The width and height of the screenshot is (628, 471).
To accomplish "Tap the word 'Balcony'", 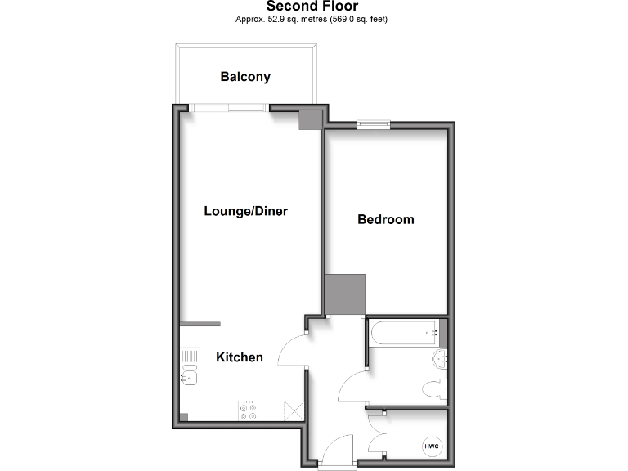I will pyautogui.click(x=245, y=77).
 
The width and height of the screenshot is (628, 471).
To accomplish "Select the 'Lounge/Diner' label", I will pyautogui.click(x=245, y=211).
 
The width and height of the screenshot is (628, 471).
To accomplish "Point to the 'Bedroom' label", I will pyautogui.click(x=386, y=219).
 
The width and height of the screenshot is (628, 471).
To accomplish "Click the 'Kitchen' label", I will pyautogui.click(x=240, y=357).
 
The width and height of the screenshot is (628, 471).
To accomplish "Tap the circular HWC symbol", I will pyautogui.click(x=431, y=446).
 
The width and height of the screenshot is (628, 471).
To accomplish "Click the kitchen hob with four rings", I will pyautogui.click(x=248, y=411).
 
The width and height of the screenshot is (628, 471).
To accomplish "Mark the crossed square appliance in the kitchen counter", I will pyautogui.click(x=293, y=411).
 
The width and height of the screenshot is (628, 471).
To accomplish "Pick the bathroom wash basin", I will pyautogui.click(x=442, y=358).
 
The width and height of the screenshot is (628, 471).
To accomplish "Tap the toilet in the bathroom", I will pyautogui.click(x=433, y=388).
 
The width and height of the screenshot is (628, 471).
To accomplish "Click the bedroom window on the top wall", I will pyautogui.click(x=373, y=124).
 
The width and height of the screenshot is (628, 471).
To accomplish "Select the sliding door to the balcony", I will pyautogui.click(x=230, y=106).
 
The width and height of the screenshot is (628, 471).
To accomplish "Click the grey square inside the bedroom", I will pyautogui.click(x=344, y=294).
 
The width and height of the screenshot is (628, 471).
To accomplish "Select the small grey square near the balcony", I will pyautogui.click(x=310, y=119).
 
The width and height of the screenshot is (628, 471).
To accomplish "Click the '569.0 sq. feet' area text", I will pyautogui.click(x=357, y=19).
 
